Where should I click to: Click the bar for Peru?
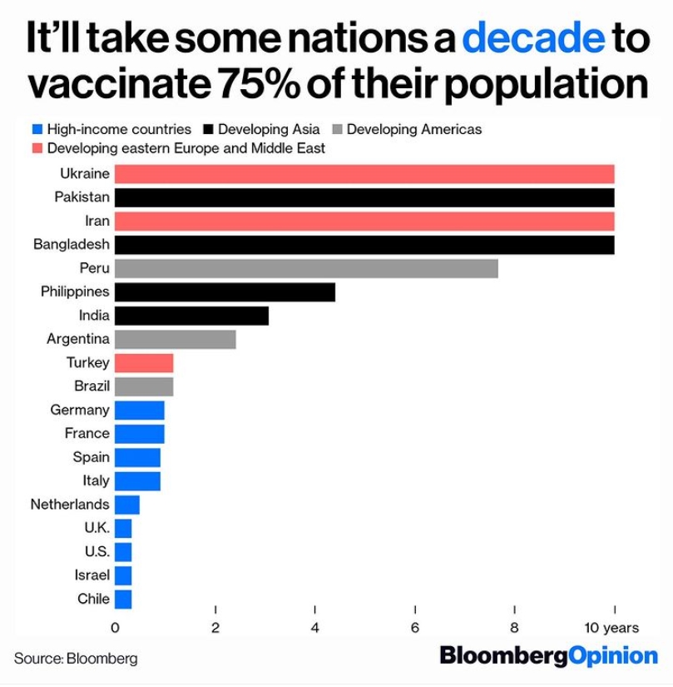pyautogui.click(x=306, y=268)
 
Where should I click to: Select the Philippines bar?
pyautogui.click(x=225, y=292)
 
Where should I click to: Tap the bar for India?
pyautogui.click(x=191, y=316)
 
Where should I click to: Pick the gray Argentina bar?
pyautogui.click(x=175, y=339)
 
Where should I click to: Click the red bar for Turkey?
pyautogui.click(x=144, y=363)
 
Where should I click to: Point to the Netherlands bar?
pyautogui.click(x=127, y=505)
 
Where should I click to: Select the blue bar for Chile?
pyautogui.click(x=123, y=599)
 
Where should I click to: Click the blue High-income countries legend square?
pyautogui.click(x=37, y=130)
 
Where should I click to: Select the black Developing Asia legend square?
pyautogui.click(x=207, y=130)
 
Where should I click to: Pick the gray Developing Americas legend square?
pyautogui.click(x=336, y=130)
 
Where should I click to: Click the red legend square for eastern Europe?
pyautogui.click(x=37, y=148)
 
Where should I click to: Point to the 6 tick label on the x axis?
pyautogui.click(x=414, y=628)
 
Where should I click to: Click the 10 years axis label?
pyautogui.click(x=611, y=628)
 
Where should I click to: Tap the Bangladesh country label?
pyautogui.click(x=71, y=245)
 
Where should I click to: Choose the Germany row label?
pyautogui.click(x=79, y=410)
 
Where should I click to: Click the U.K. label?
pyautogui.click(x=96, y=528)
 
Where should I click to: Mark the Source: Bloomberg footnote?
pyautogui.click(x=76, y=658)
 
